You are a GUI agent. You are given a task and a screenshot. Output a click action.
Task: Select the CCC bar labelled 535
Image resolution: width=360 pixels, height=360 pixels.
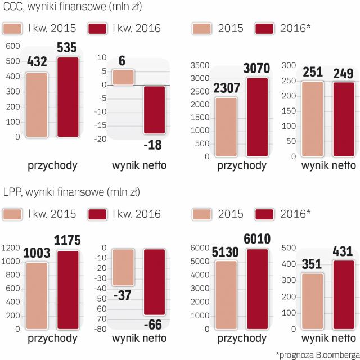(68, 97)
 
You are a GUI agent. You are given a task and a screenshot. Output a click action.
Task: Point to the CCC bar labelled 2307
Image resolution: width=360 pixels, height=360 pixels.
(225, 122)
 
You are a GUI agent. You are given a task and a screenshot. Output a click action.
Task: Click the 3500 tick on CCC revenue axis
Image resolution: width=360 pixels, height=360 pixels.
(200, 66)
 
